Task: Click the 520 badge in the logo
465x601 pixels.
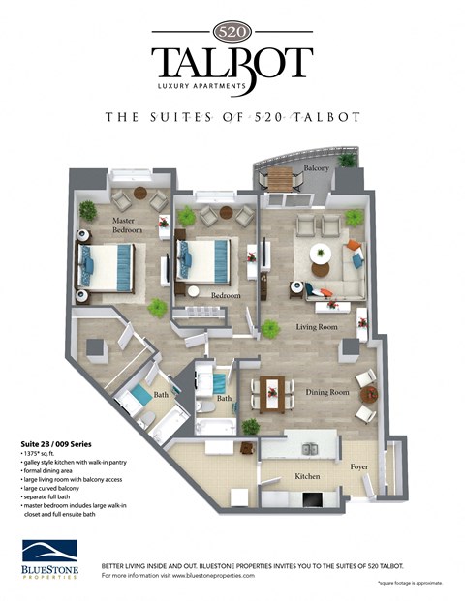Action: click(x=232, y=30)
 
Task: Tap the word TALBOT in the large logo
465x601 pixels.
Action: click(x=232, y=63)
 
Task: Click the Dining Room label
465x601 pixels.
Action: click(x=327, y=392)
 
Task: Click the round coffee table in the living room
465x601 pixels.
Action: click(x=320, y=255)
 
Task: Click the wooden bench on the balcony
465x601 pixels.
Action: click(x=279, y=179)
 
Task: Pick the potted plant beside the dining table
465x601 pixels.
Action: click(x=251, y=426)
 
